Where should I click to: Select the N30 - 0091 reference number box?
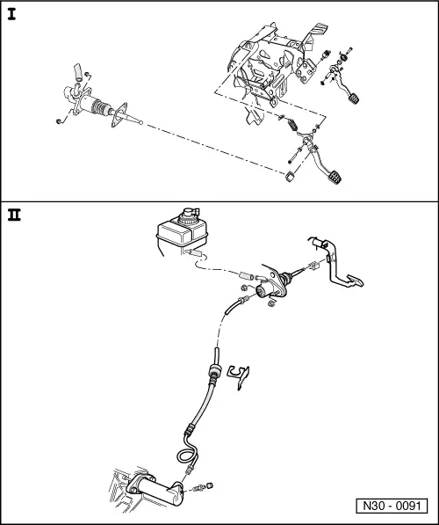click(x=392, y=507)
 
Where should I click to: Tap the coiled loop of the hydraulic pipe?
click(x=185, y=458)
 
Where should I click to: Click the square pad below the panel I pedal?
click(x=289, y=179)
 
